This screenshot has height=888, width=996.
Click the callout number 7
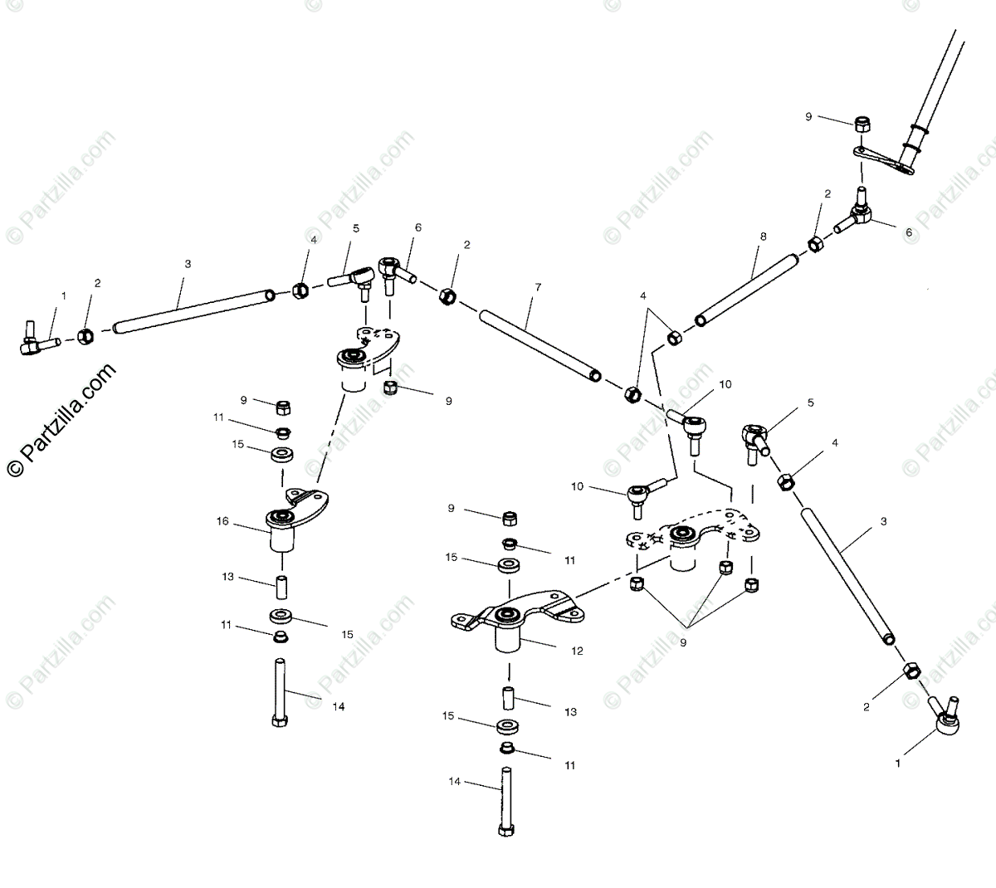pyautogui.click(x=538, y=287)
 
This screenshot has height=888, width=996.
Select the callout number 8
pyautogui.click(x=764, y=237)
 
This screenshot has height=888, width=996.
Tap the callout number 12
pyautogui.click(x=578, y=651)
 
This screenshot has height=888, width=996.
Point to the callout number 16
pyautogui.click(x=222, y=521)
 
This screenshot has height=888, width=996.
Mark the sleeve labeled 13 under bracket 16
pyautogui.click(x=281, y=587)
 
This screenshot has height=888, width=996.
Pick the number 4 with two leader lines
pyautogui.click(x=642, y=295)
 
